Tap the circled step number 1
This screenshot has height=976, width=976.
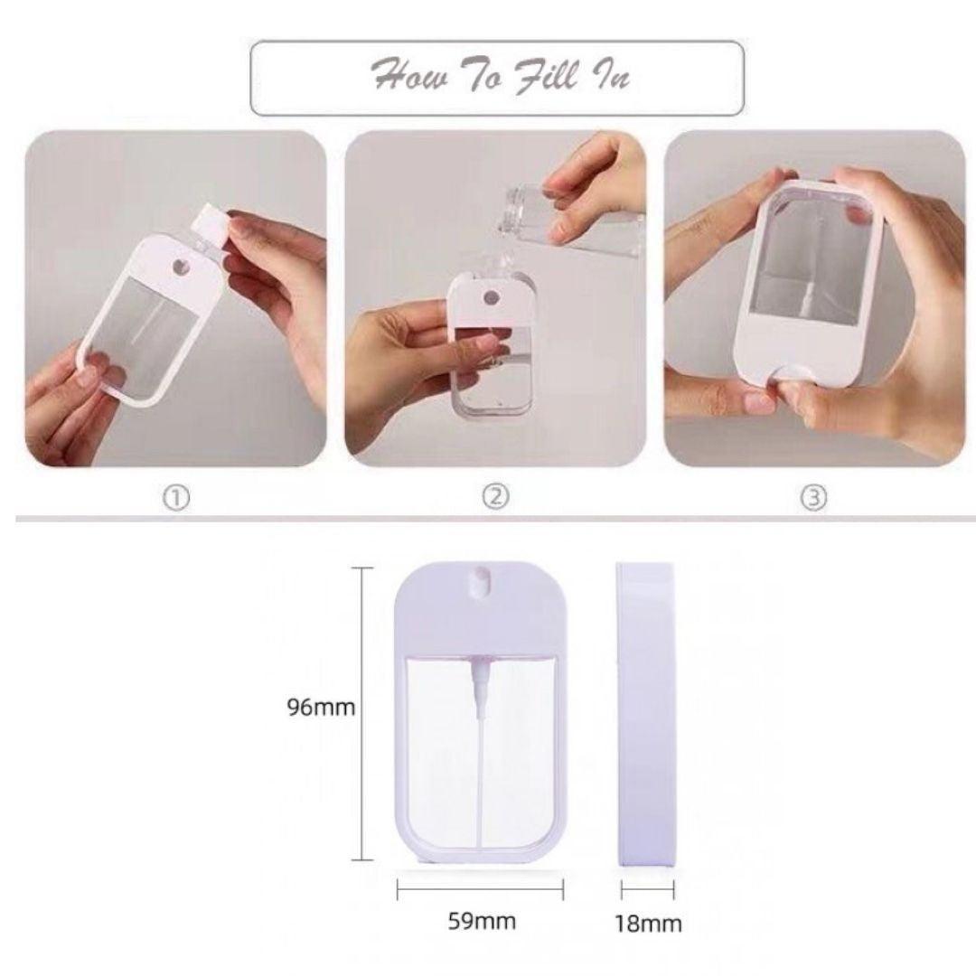click(x=176, y=498)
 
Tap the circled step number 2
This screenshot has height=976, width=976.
click(x=495, y=497)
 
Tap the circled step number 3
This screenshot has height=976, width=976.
click(x=814, y=498)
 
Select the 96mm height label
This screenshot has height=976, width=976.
click(x=321, y=707)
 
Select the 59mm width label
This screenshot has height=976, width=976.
click(x=482, y=921)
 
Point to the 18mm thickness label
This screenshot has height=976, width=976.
click(x=648, y=924)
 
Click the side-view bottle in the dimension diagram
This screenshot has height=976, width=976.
click(x=645, y=714)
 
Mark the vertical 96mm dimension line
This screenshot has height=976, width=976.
click(x=362, y=714)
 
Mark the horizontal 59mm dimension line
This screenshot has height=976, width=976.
click(x=480, y=890)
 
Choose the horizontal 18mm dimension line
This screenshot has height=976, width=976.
click(x=647, y=890)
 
